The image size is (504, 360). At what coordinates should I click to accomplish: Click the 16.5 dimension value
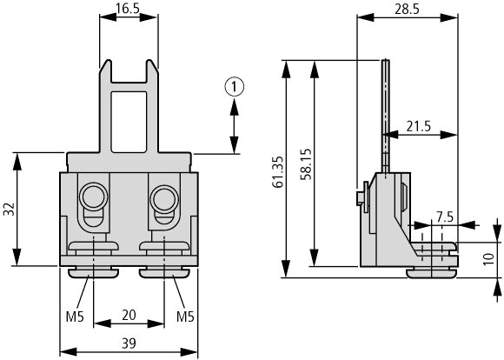pyautogui.click(x=128, y=8)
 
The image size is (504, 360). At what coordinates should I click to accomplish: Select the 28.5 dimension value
pyautogui.click(x=407, y=9)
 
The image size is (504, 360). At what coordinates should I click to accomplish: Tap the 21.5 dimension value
pyautogui.click(x=418, y=126)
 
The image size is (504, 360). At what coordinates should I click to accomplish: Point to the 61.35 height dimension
pyautogui.click(x=277, y=172)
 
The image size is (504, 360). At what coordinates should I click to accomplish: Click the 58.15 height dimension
pyautogui.click(x=307, y=163)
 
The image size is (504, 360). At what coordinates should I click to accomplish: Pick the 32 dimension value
pyautogui.click(x=9, y=209)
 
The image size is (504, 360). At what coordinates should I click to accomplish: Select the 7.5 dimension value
pyautogui.click(x=445, y=217)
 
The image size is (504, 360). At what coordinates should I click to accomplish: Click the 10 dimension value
pyautogui.click(x=488, y=259)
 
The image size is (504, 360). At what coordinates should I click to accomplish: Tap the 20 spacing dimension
pyautogui.click(x=129, y=315)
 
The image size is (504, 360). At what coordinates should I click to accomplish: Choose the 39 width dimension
pyautogui.click(x=129, y=343)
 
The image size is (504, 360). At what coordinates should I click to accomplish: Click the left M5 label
pyautogui.click(x=75, y=317)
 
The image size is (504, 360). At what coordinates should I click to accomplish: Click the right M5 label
pyautogui.click(x=185, y=317)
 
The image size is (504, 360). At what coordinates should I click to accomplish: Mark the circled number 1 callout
pyautogui.click(x=234, y=87)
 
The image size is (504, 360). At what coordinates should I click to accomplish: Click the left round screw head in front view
pyautogui.click(x=93, y=197)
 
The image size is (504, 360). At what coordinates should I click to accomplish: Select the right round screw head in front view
pyautogui.click(x=164, y=197)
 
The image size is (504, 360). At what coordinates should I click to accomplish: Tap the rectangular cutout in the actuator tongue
pyautogui.click(x=129, y=122)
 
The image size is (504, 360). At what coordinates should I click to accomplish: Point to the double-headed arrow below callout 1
pyautogui.click(x=235, y=126)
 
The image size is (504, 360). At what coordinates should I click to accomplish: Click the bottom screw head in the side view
pyautogui.click(x=431, y=274)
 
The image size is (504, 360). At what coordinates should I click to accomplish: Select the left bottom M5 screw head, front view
pyautogui.click(x=93, y=273)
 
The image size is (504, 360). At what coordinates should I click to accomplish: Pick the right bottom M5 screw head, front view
pyautogui.click(x=164, y=273)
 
